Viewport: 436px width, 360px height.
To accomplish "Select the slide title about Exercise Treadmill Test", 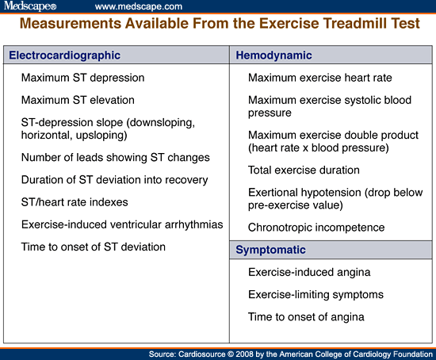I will coord(217,25).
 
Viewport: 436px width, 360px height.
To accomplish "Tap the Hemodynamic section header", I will coord(273,56).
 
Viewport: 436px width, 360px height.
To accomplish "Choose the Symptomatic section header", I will coord(271,250).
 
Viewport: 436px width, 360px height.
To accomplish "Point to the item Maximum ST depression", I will coord(82,79).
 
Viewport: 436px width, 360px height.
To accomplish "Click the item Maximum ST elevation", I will coord(78,101).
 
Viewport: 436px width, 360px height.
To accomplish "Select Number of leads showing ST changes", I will coord(115,158).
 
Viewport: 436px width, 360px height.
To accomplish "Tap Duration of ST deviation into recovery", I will coord(114,180).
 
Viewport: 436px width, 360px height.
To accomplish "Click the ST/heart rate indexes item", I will coord(74,202).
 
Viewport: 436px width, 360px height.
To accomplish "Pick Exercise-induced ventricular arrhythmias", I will coord(122,224).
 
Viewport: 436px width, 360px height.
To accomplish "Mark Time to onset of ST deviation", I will coord(94,247).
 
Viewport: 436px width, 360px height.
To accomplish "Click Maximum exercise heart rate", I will coord(319,79).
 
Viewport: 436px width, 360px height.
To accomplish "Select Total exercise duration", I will coord(304,170).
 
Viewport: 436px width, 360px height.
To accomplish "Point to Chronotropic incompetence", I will coord(316,228).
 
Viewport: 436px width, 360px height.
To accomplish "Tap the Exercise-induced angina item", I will coord(309,272).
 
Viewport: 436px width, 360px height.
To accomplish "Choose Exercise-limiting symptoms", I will coord(316,294).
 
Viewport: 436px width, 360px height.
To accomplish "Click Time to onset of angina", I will coord(306,316).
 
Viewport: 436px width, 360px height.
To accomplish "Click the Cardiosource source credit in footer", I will coord(290,353).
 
